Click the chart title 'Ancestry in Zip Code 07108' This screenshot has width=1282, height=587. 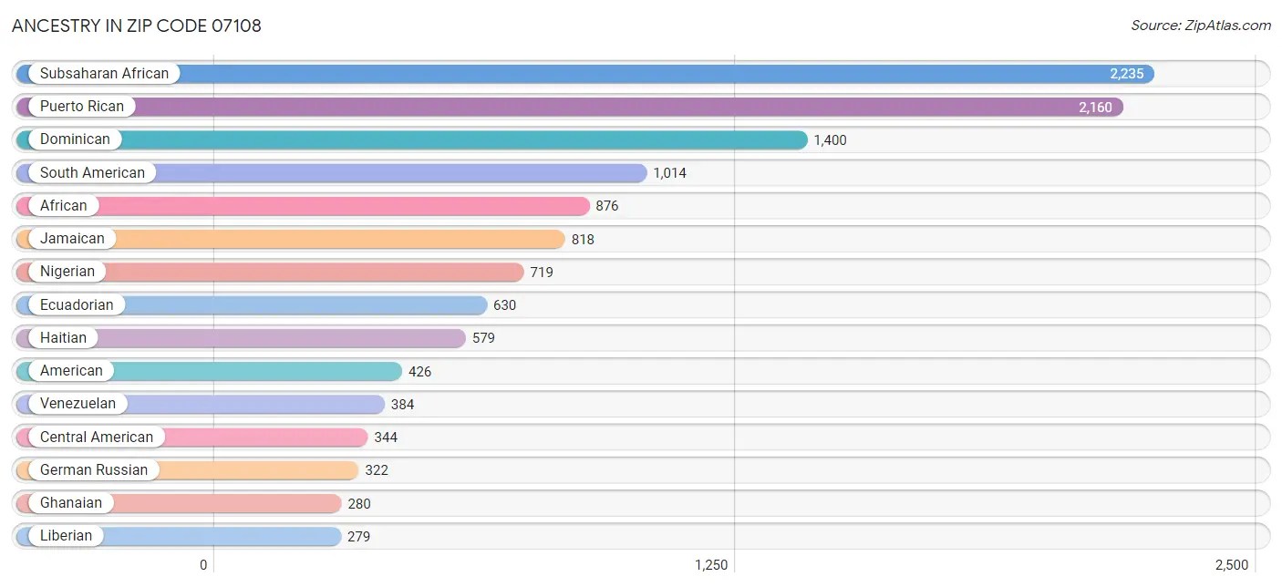[x=137, y=26]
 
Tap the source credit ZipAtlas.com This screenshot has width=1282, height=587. [x=1201, y=26]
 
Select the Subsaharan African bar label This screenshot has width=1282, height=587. [x=104, y=74]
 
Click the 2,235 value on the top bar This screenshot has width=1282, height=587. [x=1126, y=74]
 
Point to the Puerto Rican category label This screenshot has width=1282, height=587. [x=81, y=107]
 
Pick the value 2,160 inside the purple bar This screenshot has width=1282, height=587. [x=1095, y=108]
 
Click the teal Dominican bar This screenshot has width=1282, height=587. [x=456, y=139]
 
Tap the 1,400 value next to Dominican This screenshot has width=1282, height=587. [x=830, y=140]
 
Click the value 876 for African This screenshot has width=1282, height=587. [x=607, y=206]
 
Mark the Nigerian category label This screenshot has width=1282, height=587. [x=67, y=272]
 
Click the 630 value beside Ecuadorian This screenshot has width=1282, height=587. [x=504, y=305]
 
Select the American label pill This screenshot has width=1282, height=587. [x=71, y=371]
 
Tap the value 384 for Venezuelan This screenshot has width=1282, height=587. [x=402, y=405]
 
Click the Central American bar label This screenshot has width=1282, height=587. [x=97, y=438]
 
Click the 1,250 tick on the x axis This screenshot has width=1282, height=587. [x=711, y=565]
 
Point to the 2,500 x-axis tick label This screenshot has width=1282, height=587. [x=1231, y=565]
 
